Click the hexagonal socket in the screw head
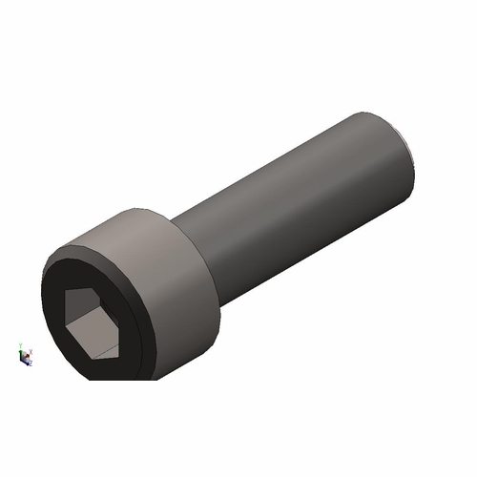point(92,321)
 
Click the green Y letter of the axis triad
point(20,345)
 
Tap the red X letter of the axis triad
point(31,352)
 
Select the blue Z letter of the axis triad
point(31,363)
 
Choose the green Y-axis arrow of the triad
point(21,352)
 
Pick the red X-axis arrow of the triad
point(28,356)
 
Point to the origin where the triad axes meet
point(21,359)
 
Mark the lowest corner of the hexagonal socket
point(95,359)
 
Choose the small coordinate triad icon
point(25,355)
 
